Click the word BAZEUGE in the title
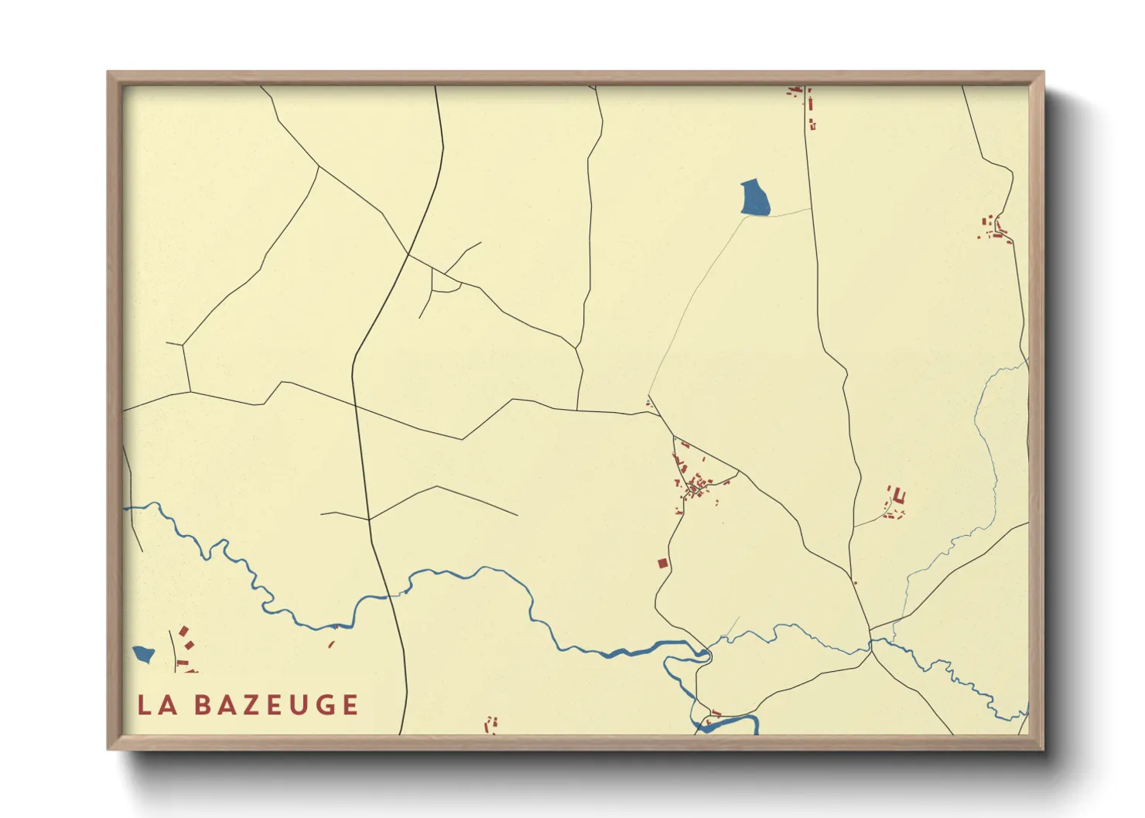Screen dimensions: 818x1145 [x=276, y=704]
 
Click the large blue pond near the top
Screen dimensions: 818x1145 [x=755, y=198]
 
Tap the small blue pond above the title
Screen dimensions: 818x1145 [x=144, y=655]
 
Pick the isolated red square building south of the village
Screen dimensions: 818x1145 [x=662, y=564]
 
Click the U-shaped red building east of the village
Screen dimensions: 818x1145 [x=898, y=496]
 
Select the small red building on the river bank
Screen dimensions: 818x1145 [x=332, y=643]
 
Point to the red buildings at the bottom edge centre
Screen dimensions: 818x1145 [x=490, y=725]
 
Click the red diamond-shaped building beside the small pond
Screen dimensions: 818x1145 [x=184, y=632]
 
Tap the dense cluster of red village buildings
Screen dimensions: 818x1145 [x=694, y=486]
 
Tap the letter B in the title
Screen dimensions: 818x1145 [x=203, y=704]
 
